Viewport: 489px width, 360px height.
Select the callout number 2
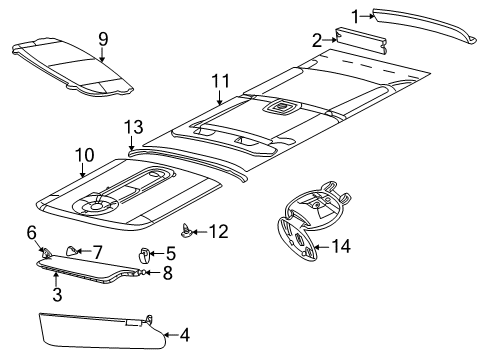pos(317,40)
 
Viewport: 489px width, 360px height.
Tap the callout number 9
pos(101,39)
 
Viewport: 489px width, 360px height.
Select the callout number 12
pos(218,232)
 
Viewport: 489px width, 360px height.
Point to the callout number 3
pos(57,295)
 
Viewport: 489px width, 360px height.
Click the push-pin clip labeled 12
pos(189,232)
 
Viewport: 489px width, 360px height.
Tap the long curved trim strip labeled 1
pos(430,22)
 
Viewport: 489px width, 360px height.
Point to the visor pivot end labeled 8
pos(143,270)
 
